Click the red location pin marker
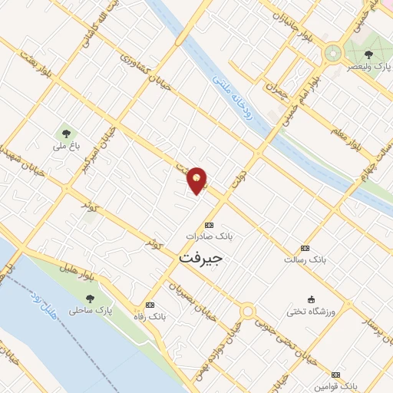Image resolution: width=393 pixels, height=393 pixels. coord(197,180)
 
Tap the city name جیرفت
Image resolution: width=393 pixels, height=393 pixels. coord(200,259)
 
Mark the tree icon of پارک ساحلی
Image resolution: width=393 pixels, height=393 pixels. coord(91,299)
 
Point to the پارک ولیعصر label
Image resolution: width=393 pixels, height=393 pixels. coord(371,67)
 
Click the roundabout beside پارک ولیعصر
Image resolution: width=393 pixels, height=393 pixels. coord(333,53)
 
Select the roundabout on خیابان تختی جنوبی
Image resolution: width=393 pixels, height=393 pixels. coord(247,312)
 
